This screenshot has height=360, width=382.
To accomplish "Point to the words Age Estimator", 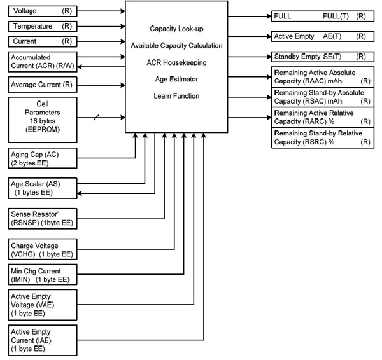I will tap(176, 80).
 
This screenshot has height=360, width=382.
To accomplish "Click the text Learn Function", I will tap(176, 96).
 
